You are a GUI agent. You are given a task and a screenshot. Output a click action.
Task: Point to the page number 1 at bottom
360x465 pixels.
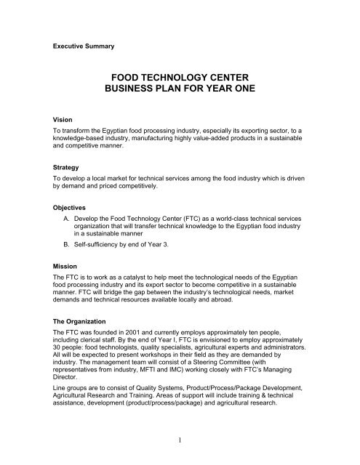click(x=180, y=437)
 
